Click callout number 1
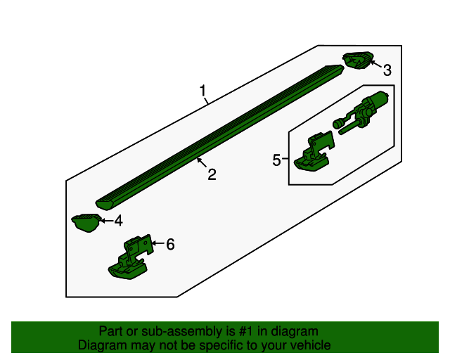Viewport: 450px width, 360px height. (203, 91)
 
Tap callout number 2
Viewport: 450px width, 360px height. (212, 174)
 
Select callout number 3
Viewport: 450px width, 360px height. (387, 70)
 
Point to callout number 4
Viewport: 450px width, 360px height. (119, 221)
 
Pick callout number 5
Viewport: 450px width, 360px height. (276, 160)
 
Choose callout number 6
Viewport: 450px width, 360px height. (170, 244)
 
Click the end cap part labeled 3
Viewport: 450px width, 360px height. (358, 60)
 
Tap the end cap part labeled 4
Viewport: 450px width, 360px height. (86, 223)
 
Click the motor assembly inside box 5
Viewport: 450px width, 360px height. (361, 112)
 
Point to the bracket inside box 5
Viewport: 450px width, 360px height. (314, 151)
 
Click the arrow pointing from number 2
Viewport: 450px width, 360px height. (202, 163)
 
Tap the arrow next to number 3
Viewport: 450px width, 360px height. (376, 64)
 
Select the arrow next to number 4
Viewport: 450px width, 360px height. (106, 221)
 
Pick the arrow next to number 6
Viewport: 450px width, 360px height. (157, 243)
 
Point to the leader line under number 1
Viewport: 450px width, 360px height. (206, 101)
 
